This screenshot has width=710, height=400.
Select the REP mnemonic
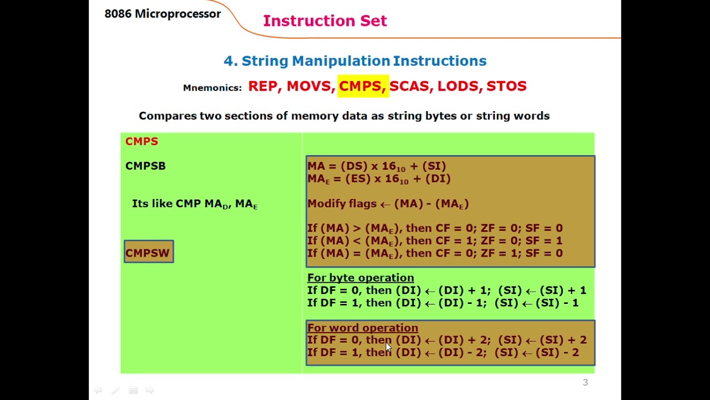coord(264,86)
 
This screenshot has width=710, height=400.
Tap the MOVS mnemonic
coord(310,86)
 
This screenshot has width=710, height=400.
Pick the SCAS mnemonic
coord(410,86)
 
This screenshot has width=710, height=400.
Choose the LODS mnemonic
coord(458,86)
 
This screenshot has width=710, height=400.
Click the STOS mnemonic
coord(506,86)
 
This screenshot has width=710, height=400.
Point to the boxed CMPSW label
coord(148,253)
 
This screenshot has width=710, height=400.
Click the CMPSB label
coord(145,166)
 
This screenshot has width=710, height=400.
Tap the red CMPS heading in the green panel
coord(141,141)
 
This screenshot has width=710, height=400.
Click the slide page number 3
coord(585,382)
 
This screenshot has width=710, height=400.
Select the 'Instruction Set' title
coord(324,21)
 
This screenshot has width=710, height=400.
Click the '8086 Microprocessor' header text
coord(163,14)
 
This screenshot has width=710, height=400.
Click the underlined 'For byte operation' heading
coord(361,278)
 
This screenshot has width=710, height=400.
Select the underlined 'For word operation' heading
coord(363,328)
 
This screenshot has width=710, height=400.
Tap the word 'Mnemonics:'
coord(212,88)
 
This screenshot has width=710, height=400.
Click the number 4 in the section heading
coord(227,61)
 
